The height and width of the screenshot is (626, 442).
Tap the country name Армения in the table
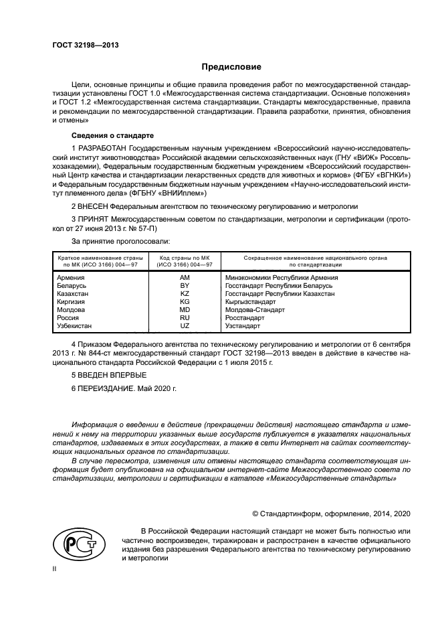[71, 277]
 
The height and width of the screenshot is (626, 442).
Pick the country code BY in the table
[185, 285]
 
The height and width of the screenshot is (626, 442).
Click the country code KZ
[185, 293]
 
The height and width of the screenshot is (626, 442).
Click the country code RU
[185, 317]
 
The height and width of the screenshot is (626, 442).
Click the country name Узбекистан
[75, 325]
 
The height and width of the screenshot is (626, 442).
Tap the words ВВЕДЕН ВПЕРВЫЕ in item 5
[112, 374]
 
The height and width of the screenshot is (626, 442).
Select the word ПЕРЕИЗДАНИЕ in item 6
[109, 388]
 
